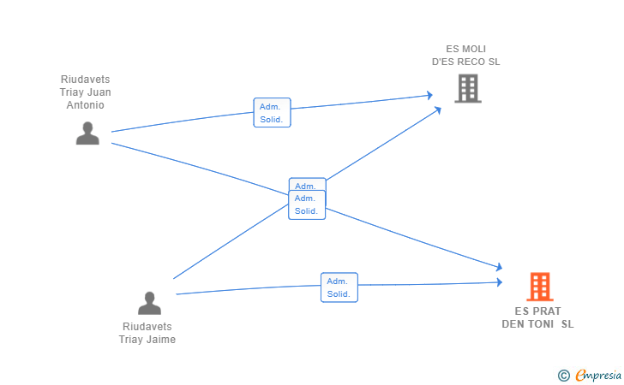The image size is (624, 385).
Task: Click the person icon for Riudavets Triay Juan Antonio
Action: click(87, 133)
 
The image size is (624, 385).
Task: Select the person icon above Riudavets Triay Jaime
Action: click(149, 303)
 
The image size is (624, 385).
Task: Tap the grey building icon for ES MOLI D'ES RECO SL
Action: click(468, 88)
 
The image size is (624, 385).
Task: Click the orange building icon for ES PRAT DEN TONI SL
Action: click(540, 287)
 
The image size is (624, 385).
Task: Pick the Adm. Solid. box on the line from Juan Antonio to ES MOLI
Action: click(273, 112)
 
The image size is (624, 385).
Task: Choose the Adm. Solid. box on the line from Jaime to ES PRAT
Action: click(339, 287)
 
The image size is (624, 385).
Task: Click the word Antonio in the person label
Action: click(85, 105)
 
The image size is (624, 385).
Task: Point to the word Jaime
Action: click(161, 340)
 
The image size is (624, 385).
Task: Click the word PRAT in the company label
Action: click(546, 311)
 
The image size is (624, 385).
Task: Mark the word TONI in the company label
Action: click(541, 323)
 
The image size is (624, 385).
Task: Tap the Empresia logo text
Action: click(598, 375)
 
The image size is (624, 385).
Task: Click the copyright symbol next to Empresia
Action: click(564, 376)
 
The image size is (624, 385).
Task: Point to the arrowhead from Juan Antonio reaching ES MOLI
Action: click(429, 95)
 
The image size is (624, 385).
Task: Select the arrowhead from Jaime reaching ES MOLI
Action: click(438, 110)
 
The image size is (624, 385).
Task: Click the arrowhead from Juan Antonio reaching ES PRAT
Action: click(499, 267)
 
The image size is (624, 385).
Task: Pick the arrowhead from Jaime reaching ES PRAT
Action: click(500, 282)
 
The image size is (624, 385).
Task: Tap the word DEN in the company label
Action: click(513, 323)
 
